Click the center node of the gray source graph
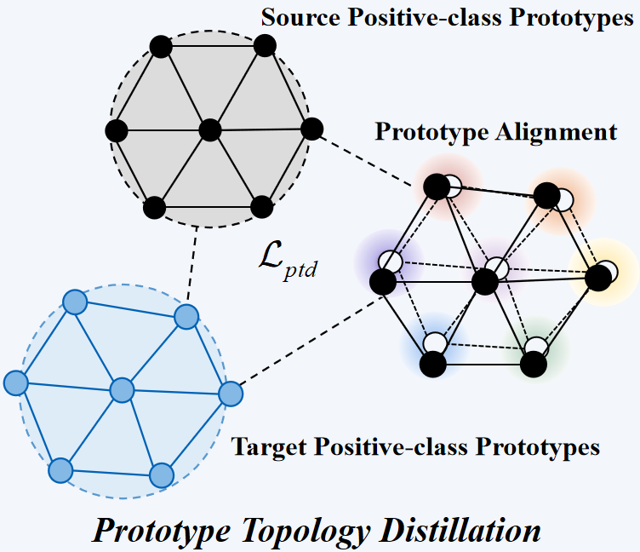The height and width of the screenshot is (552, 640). click(209, 130)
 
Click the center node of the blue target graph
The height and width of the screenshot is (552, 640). click(123, 391)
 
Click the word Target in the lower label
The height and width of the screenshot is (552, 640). click(264, 446)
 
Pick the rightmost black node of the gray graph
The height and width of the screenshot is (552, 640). click(312, 129)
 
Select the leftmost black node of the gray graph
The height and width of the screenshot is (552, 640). click(117, 131)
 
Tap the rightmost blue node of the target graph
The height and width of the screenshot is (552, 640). click(231, 394)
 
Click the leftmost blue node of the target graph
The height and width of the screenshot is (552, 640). click(15, 383)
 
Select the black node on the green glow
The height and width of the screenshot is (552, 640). click(534, 364)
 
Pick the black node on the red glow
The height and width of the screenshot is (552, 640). click(436, 187)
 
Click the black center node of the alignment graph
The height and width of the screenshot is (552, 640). click(484, 281)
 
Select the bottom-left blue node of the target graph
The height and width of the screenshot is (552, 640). click(60, 469)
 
